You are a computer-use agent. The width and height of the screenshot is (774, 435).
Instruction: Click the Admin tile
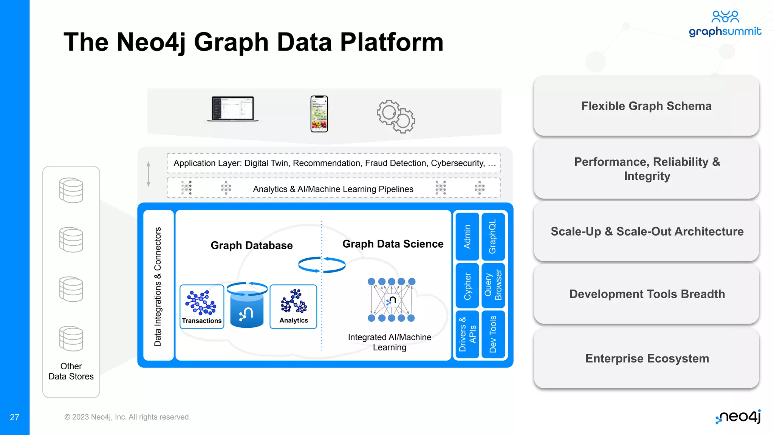point(467,237)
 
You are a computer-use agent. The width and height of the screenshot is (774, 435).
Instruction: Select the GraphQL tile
point(493,237)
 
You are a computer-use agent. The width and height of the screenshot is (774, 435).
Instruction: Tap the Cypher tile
point(467,286)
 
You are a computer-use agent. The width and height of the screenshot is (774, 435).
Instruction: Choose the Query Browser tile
point(493,286)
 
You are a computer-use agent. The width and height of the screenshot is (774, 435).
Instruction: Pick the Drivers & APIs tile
point(467,334)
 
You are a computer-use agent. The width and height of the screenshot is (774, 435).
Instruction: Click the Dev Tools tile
point(493,334)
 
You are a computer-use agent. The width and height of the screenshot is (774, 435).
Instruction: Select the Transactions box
point(202,307)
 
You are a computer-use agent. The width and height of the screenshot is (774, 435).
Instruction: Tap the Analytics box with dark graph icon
point(294,307)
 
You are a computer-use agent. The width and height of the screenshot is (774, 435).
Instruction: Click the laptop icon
point(233,109)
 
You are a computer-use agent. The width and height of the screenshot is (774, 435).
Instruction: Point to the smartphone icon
point(319,114)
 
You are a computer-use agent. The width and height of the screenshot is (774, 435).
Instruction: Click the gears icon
point(396,116)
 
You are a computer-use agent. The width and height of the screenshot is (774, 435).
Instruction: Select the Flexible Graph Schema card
point(646,106)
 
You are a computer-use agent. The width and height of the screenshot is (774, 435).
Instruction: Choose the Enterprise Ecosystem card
point(646,358)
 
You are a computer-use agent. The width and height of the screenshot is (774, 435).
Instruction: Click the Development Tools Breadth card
point(646,294)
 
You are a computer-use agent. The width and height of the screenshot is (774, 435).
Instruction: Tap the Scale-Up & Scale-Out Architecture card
point(646,231)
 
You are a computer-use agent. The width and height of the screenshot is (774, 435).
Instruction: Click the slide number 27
point(14,417)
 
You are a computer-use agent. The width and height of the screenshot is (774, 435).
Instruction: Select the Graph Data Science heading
point(393,244)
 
